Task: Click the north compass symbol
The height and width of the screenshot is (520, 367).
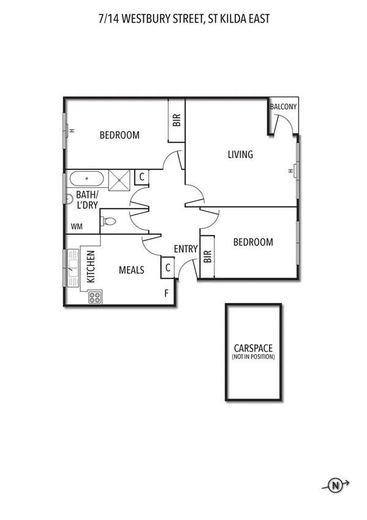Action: click(x=335, y=486)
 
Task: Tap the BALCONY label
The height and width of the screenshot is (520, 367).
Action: click(x=284, y=107)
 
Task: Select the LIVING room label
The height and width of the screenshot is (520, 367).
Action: click(x=240, y=155)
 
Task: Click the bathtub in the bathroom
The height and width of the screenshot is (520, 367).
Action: click(x=86, y=180)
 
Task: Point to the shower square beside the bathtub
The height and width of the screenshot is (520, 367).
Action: click(x=119, y=179)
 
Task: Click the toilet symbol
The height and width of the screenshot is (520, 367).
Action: click(x=108, y=221)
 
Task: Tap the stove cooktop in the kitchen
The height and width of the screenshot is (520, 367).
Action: click(x=95, y=297)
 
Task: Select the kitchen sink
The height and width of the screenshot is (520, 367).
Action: click(x=73, y=265)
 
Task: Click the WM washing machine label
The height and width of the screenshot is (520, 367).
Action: click(x=77, y=226)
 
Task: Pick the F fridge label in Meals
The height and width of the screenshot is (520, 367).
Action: click(x=166, y=294)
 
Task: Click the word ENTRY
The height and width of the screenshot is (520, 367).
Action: click(x=186, y=249)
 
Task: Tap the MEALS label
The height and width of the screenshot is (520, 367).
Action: click(x=132, y=270)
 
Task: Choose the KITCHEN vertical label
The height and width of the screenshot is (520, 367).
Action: click(x=91, y=266)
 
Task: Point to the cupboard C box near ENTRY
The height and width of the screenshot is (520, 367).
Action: click(x=167, y=267)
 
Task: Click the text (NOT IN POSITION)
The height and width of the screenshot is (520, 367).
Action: click(x=253, y=357)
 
